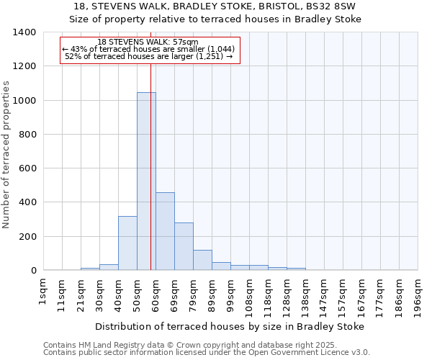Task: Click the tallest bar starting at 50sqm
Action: pyautogui.click(x=146, y=181)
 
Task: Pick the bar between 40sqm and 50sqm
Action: pyautogui.click(x=127, y=243)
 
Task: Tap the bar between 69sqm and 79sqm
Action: pyautogui.click(x=184, y=246)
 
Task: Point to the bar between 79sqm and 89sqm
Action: pyautogui.click(x=202, y=260)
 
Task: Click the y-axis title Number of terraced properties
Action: pyautogui.click(x=7, y=155)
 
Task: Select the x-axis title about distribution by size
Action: pyautogui.click(x=229, y=326)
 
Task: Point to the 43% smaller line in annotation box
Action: pyautogui.click(x=149, y=49)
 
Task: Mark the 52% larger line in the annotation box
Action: pyautogui.click(x=149, y=55)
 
